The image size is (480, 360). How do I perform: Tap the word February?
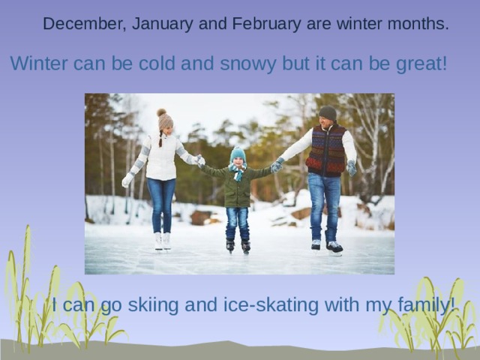(257, 24)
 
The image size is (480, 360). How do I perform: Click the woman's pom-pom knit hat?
(164, 120)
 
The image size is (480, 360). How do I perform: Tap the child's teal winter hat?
(238, 154)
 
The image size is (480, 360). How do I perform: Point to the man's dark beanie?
(328, 112)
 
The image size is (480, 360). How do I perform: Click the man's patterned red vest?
(326, 150)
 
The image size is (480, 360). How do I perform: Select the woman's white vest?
(161, 157)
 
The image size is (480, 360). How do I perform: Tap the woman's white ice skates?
(162, 241)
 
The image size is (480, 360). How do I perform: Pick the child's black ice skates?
(238, 245)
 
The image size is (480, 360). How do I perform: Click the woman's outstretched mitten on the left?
(127, 180)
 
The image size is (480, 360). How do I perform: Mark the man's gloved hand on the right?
(352, 168)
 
